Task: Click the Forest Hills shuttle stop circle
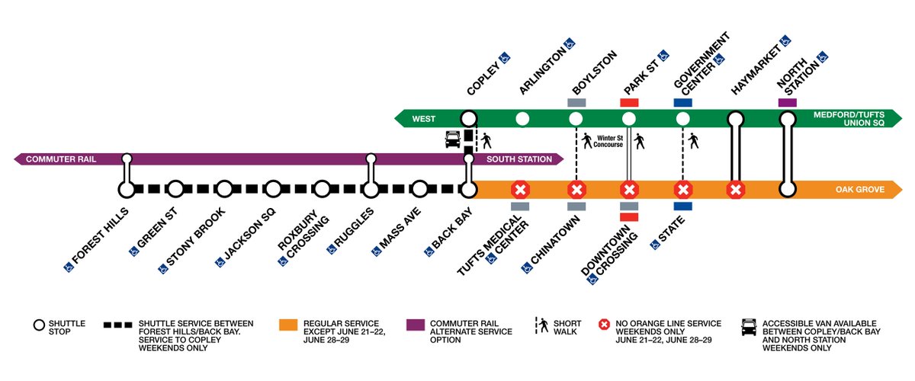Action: coord(127,188)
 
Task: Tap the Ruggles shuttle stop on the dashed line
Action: coord(371,188)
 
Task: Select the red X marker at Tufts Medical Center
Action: coord(520,188)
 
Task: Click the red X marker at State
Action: coord(683,188)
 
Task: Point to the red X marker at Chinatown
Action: coord(576,188)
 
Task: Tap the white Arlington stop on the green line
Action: coord(522,118)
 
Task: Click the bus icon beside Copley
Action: coord(451,139)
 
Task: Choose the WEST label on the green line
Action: coord(424,119)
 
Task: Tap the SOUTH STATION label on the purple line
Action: coord(519,159)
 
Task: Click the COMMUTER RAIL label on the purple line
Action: coord(59,159)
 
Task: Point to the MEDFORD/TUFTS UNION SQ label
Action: coord(846,119)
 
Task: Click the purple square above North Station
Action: coord(787,102)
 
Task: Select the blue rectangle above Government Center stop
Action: coord(682,102)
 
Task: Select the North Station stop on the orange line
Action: coord(788,188)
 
